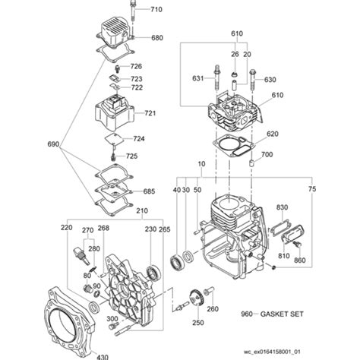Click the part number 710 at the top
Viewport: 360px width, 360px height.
pos(156,10)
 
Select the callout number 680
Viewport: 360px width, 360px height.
pos(157,38)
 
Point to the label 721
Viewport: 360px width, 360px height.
pos(150,113)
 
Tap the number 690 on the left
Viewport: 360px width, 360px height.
pos(32,144)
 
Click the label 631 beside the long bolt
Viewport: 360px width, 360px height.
pos(197,78)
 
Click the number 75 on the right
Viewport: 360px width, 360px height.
pos(311,189)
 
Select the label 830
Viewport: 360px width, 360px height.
pos(283,207)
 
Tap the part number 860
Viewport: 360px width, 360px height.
pos(300,261)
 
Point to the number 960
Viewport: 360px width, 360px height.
pos(267,313)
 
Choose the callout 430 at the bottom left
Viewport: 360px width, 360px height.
pos(102,355)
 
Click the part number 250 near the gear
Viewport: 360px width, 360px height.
pos(198,323)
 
